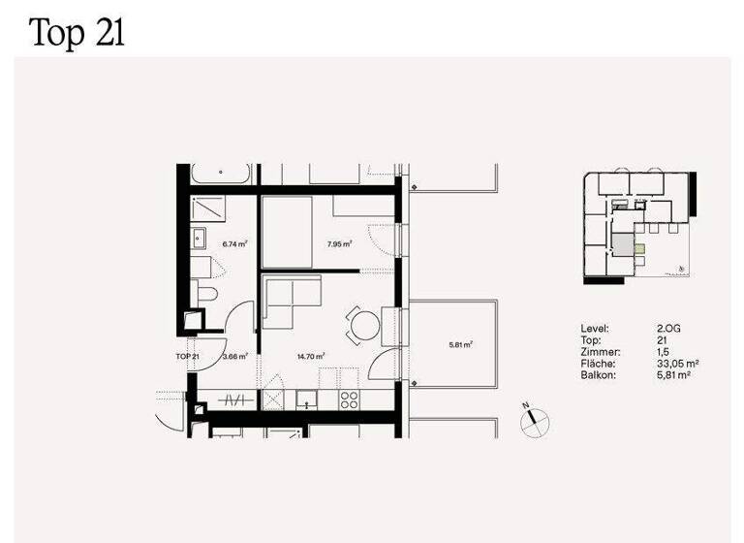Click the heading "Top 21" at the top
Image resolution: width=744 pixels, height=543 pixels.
[x=77, y=32]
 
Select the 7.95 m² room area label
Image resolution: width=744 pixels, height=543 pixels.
[x=339, y=244]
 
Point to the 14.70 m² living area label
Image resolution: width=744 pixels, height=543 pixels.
[x=311, y=356]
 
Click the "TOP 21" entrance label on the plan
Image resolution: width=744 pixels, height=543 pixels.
[x=188, y=356]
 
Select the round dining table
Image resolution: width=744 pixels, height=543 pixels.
[x=363, y=325]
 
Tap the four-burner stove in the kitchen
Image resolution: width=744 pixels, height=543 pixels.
[x=350, y=399]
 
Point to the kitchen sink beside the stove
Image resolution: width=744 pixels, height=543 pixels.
[x=307, y=399]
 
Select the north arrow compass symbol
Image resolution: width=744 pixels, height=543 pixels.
[x=532, y=420]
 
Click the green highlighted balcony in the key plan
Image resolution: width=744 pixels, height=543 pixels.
[x=637, y=249]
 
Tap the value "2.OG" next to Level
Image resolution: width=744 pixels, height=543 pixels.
[x=668, y=330]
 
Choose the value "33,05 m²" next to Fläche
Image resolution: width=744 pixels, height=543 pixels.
[x=678, y=364]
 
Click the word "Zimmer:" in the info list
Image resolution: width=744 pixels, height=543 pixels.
[x=598, y=352]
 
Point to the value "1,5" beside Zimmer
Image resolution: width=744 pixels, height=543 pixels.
[x=663, y=352]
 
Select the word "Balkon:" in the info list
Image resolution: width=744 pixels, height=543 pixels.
[x=597, y=374]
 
